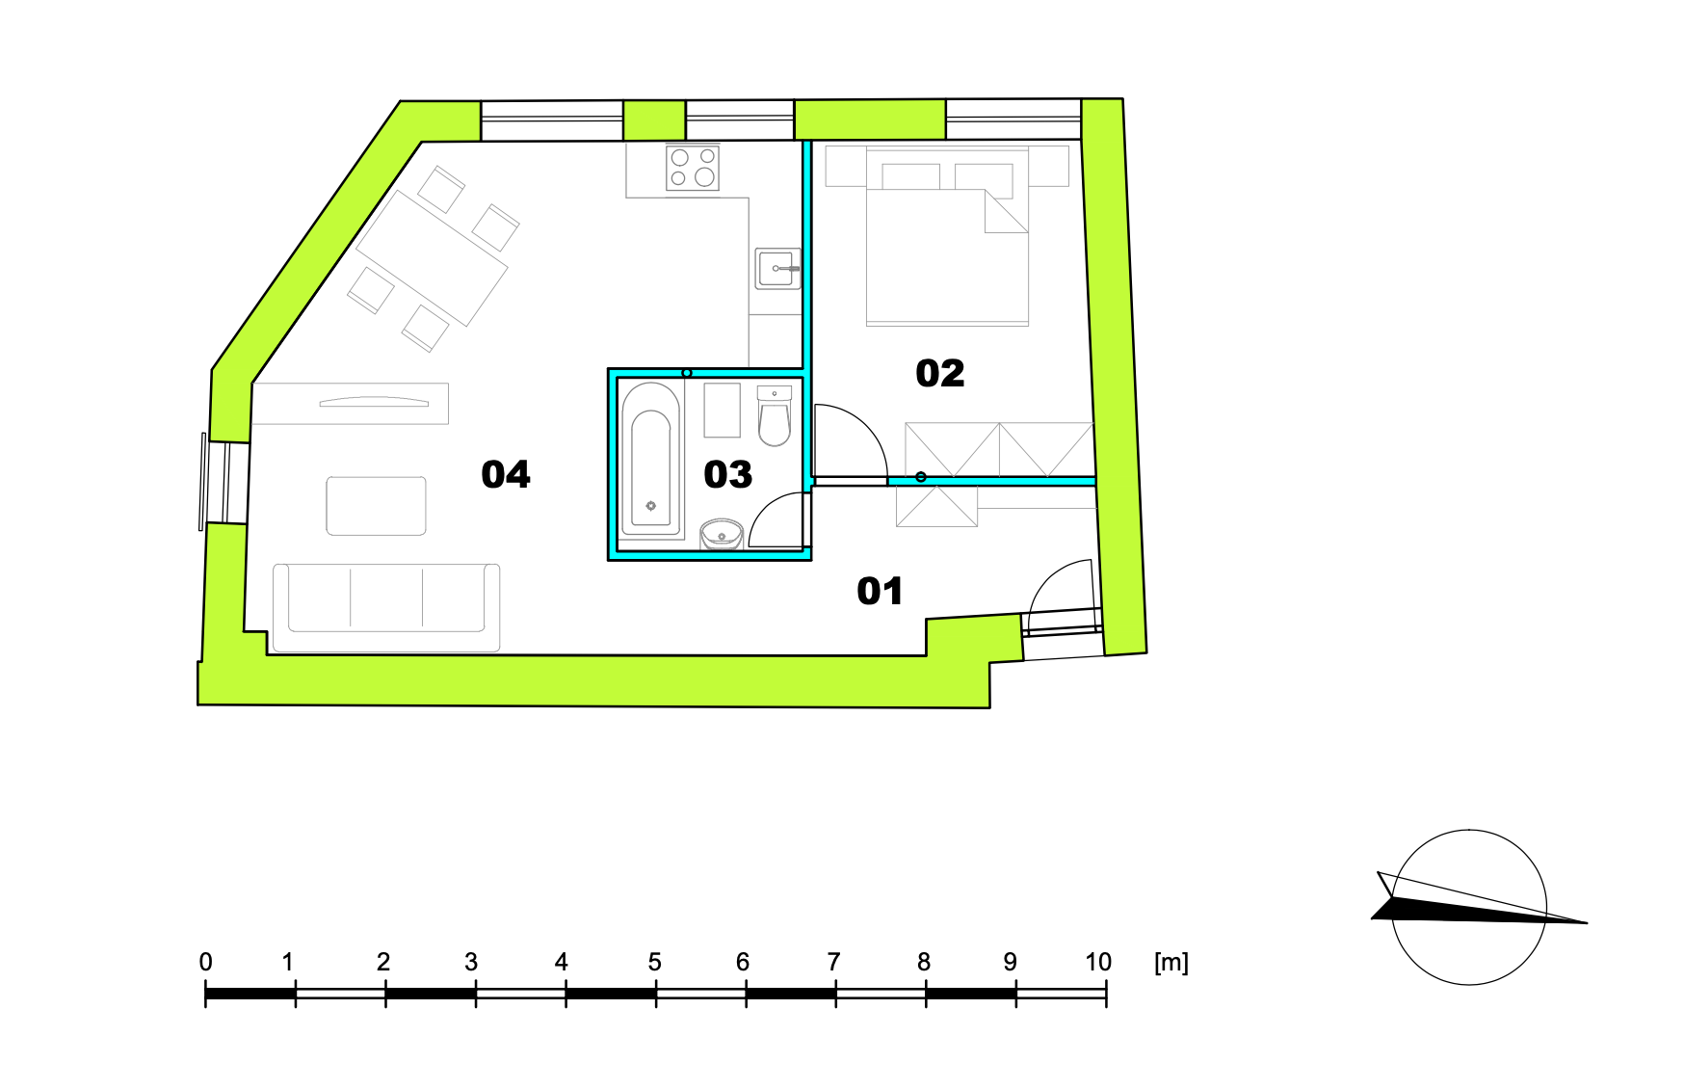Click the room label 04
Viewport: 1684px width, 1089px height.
click(506, 474)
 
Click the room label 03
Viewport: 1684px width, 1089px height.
click(727, 474)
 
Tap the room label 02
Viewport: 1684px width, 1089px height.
click(939, 373)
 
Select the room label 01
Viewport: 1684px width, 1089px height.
click(880, 591)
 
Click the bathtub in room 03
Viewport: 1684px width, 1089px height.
click(650, 460)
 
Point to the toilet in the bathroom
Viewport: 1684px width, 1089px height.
click(774, 416)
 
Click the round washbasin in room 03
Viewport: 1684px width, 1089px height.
click(721, 533)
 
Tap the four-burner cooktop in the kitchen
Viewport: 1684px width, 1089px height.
click(693, 168)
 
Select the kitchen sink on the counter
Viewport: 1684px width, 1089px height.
click(776, 269)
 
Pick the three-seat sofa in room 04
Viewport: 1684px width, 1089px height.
click(386, 607)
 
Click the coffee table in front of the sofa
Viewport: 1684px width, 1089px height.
click(376, 506)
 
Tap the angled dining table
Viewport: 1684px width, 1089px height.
click(432, 257)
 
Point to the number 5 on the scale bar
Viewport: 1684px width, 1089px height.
click(654, 962)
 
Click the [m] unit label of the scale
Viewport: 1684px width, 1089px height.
click(1171, 962)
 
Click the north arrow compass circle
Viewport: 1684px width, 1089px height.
click(1469, 906)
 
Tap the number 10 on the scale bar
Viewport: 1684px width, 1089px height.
click(1097, 962)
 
